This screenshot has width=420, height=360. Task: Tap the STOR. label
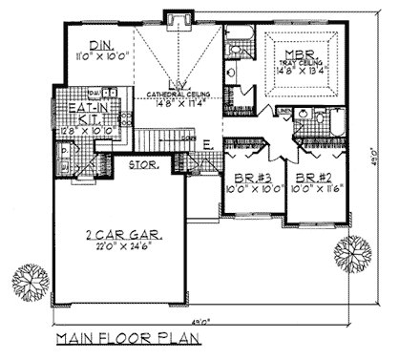click(143, 164)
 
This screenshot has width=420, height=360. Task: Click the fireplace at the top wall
click(175, 19)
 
